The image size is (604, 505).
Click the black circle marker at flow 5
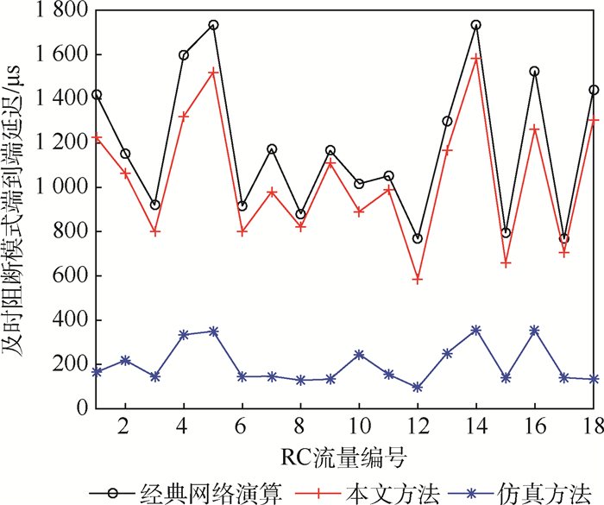point(213,24)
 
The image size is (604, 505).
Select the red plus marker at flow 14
point(476,59)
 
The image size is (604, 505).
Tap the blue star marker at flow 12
point(418,388)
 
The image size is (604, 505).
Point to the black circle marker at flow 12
point(418,238)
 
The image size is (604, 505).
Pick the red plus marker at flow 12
point(418,279)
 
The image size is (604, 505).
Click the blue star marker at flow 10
point(359,355)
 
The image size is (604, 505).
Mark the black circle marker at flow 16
point(535,72)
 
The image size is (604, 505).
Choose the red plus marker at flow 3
point(154,231)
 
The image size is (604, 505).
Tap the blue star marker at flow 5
point(213,331)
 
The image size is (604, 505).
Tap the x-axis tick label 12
point(418,426)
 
